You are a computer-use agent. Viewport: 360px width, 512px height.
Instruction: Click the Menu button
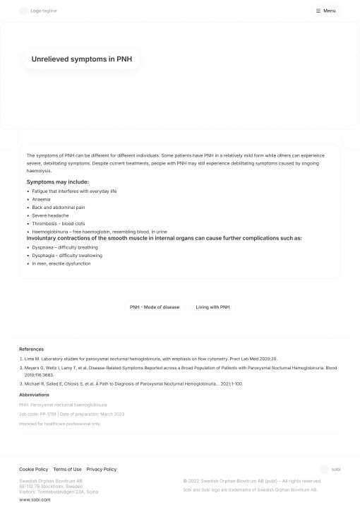click(x=325, y=11)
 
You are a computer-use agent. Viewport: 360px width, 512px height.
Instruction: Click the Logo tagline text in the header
click(x=44, y=11)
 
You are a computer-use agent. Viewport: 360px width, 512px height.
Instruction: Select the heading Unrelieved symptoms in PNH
click(x=81, y=59)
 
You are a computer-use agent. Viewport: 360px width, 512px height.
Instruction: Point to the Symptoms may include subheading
click(x=58, y=181)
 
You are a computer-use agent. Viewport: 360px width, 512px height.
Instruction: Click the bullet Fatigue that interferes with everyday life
click(x=74, y=191)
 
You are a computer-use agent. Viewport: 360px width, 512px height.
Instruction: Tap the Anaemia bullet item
click(x=41, y=199)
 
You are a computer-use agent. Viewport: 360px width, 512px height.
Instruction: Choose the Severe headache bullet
click(x=50, y=215)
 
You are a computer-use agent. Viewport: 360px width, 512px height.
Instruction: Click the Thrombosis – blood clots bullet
click(x=59, y=223)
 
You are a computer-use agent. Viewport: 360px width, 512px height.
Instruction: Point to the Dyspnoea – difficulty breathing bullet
click(x=65, y=247)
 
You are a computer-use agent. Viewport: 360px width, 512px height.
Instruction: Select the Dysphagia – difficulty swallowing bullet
click(x=67, y=256)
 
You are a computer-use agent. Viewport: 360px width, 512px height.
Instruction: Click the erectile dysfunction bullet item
click(x=61, y=263)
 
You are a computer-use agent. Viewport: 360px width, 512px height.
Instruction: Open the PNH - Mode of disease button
click(x=155, y=307)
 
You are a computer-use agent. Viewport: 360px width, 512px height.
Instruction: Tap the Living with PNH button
click(x=212, y=307)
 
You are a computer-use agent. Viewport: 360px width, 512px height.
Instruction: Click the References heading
click(x=31, y=349)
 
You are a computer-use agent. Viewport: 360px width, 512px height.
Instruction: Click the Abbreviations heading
click(x=34, y=395)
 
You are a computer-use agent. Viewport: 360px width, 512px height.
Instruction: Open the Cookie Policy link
click(x=33, y=469)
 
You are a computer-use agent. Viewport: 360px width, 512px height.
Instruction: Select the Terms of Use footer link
click(x=67, y=469)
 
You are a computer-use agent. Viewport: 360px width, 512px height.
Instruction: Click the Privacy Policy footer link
click(x=101, y=469)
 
